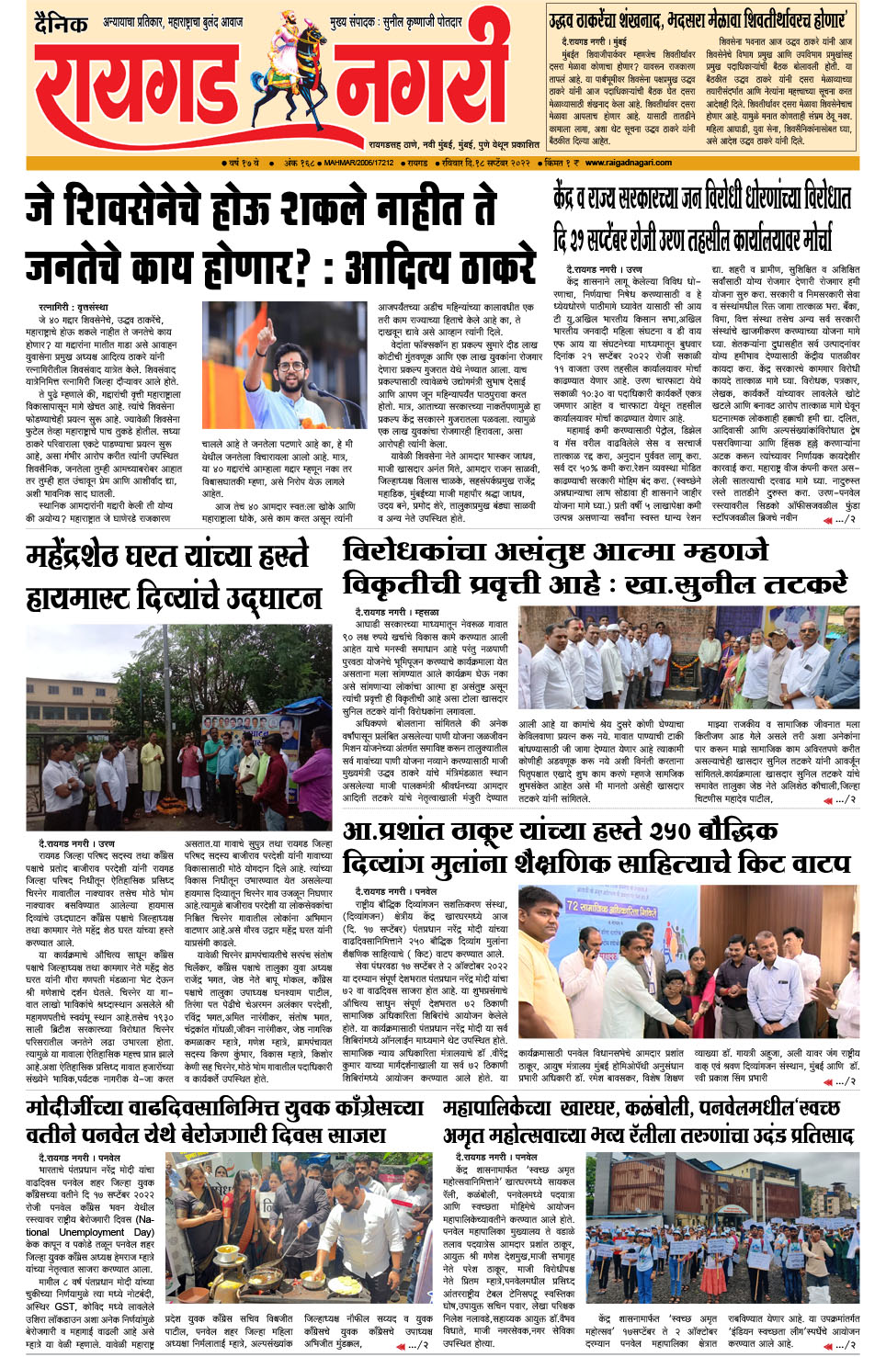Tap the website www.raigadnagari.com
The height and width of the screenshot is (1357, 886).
coord(629,163)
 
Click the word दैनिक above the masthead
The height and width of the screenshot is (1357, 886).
coord(62,24)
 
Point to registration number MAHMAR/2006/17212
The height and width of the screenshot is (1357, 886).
coord(358,163)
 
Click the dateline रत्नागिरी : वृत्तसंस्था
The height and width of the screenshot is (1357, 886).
coord(73,307)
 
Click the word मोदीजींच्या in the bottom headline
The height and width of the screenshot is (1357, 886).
coord(80,1108)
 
